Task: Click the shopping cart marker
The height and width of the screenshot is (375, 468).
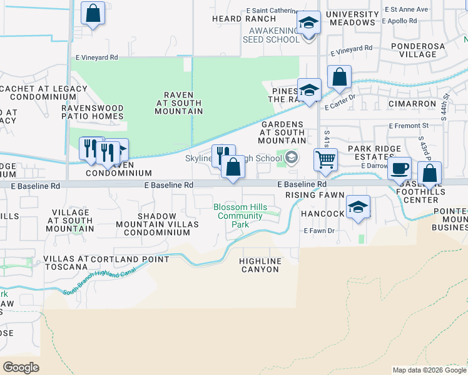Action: click(325, 160)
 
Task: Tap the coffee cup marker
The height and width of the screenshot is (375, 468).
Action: click(400, 168)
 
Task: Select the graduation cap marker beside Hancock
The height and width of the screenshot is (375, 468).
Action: click(358, 207)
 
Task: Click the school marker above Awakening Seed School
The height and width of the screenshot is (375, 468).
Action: click(308, 23)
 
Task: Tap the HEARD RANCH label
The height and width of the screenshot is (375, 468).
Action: click(235, 19)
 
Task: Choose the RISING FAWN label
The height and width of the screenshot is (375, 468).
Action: click(315, 195)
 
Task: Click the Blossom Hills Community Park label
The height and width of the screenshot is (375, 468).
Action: click(240, 216)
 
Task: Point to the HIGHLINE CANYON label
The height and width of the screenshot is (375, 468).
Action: click(260, 264)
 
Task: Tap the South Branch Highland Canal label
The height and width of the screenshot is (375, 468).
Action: click(103, 283)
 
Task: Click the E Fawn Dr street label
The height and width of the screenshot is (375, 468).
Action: click(319, 231)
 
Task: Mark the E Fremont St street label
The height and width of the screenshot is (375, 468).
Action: click(408, 126)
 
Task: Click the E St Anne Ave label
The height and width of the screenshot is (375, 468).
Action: click(406, 9)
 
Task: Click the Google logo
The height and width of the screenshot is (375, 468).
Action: click(21, 367)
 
